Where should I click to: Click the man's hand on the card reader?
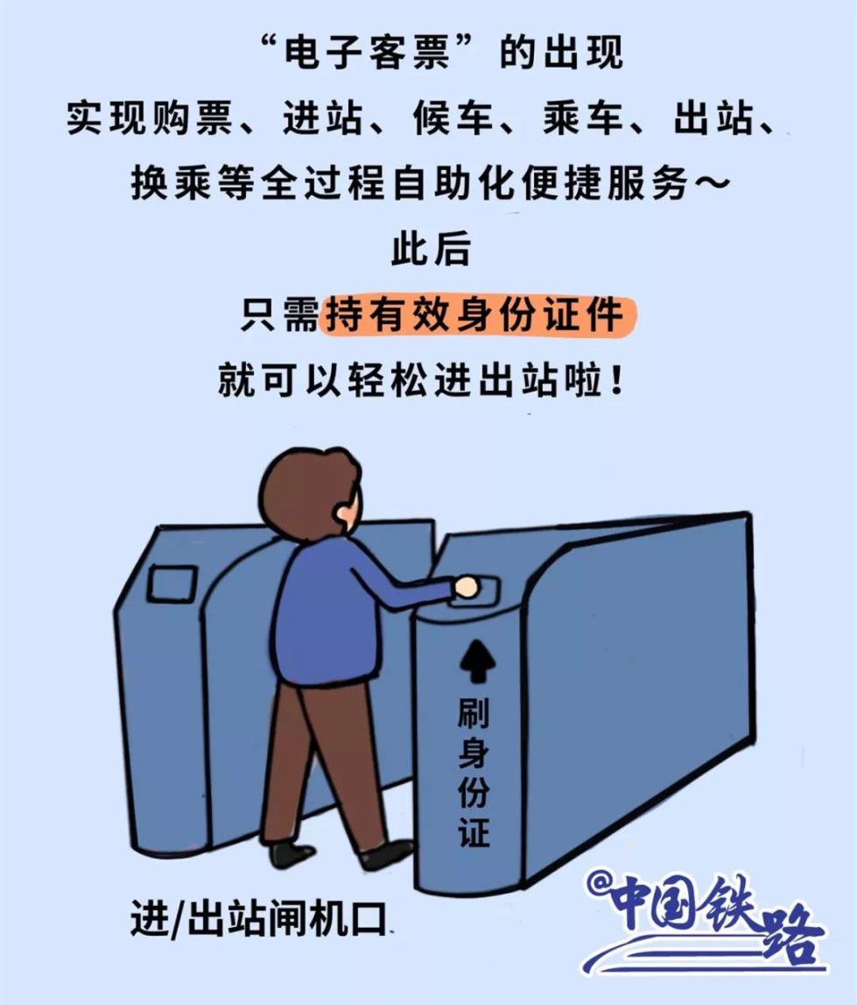tap(466, 586)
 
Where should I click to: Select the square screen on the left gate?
tap(172, 583)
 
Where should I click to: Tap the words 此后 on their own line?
tap(429, 250)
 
